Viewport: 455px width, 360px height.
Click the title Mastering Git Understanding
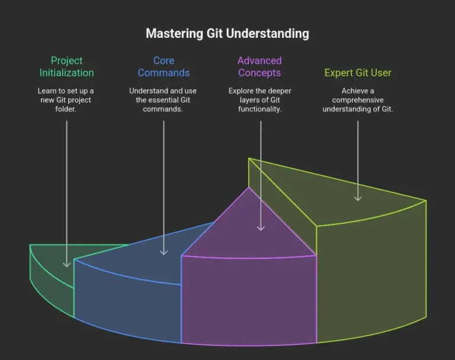tap(227, 33)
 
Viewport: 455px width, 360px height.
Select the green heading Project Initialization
tap(66, 66)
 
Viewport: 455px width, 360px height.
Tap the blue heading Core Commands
tap(164, 66)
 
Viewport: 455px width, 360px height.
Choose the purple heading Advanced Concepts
tap(259, 66)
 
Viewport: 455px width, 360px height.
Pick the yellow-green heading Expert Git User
tap(358, 73)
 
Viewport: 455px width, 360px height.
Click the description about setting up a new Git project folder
tap(66, 100)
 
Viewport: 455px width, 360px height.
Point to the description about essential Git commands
tap(164, 100)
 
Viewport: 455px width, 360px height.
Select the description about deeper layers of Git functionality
tap(259, 100)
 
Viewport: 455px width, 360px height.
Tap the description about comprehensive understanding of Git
tap(358, 100)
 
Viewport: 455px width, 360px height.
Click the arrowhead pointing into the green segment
tap(66, 263)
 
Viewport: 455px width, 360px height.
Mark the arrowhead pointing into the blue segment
tap(164, 252)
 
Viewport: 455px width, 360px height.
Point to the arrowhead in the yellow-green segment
tap(358, 197)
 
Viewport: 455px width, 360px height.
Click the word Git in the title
tap(214, 33)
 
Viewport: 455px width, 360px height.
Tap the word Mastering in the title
tap(174, 33)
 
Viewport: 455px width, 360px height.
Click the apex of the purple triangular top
tap(248, 188)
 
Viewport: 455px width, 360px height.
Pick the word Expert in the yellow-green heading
tap(339, 73)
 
